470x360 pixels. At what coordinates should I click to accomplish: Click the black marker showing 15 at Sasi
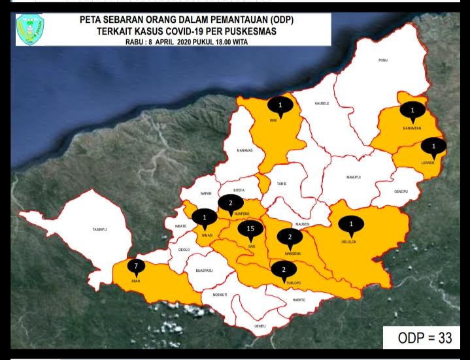(x=250, y=229)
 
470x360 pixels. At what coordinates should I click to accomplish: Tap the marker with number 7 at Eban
(x=135, y=267)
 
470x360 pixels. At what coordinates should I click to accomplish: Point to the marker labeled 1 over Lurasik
(x=433, y=146)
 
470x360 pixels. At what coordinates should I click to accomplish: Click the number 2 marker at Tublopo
(x=284, y=269)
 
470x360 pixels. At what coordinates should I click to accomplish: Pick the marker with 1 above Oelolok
(x=352, y=224)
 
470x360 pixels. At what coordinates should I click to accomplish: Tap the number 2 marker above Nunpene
(x=230, y=203)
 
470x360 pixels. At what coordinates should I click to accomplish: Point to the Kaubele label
(x=322, y=103)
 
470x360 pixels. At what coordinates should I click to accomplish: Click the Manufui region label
(x=354, y=177)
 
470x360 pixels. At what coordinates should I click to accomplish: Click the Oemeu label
(x=260, y=325)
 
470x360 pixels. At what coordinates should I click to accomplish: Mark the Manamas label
(x=244, y=151)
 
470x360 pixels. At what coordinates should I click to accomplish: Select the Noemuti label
(x=220, y=295)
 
